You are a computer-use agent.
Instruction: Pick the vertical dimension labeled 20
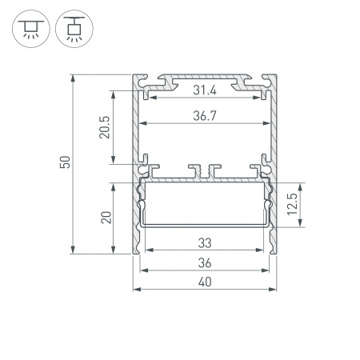104,218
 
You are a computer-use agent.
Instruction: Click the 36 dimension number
205,262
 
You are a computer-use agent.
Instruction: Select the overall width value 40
205,282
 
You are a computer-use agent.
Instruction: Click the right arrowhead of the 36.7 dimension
267,124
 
